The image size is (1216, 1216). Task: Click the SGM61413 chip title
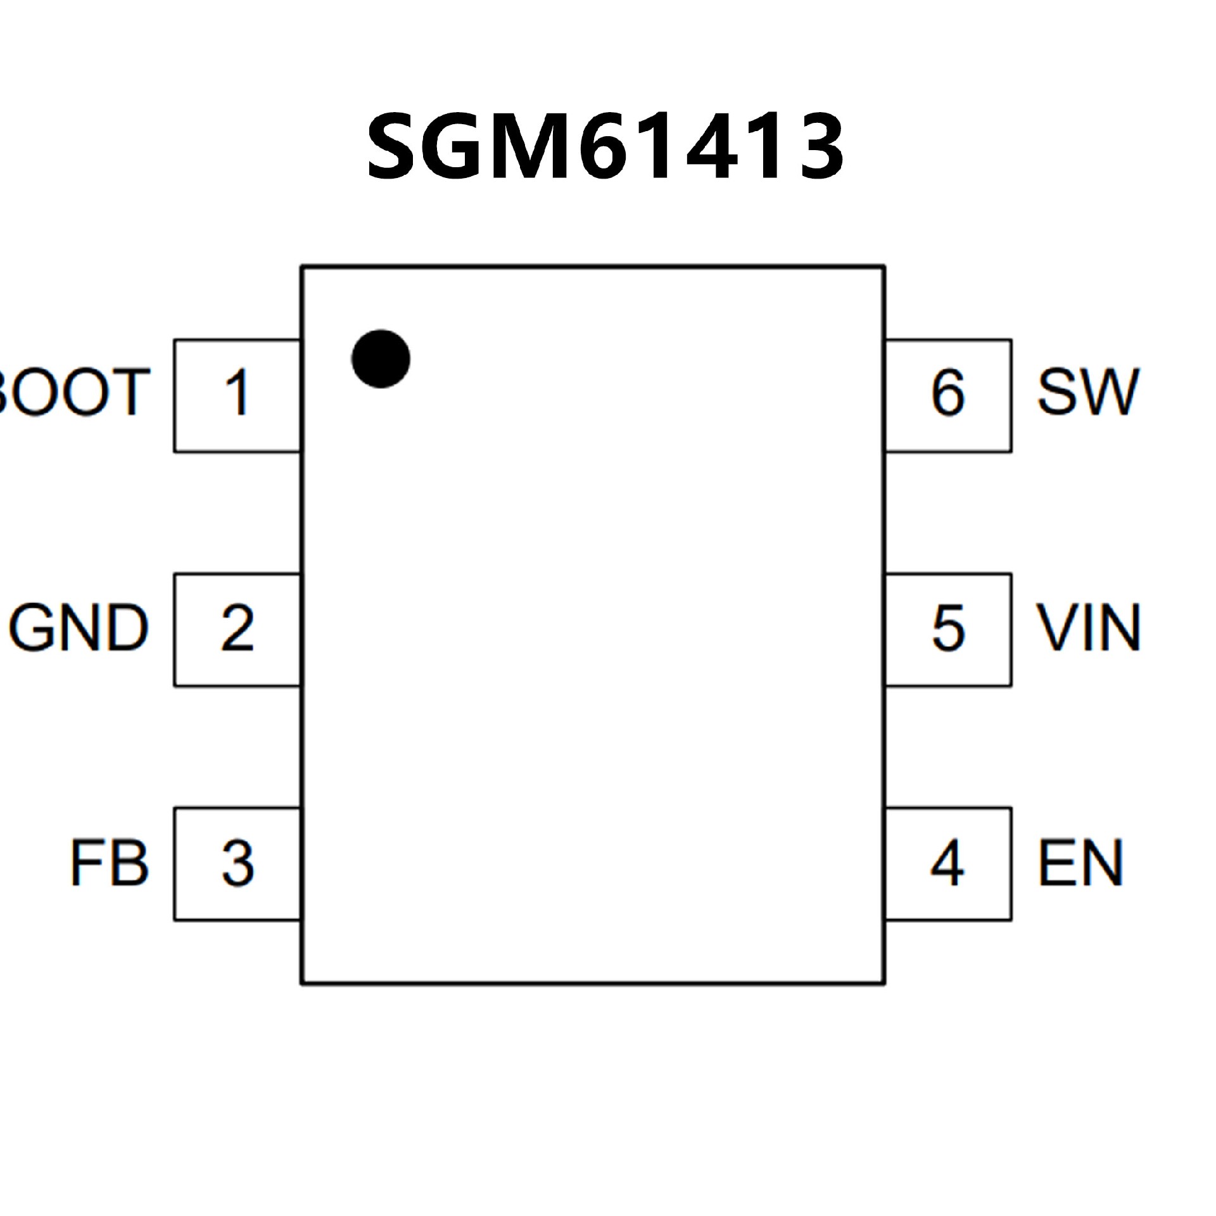click(605, 146)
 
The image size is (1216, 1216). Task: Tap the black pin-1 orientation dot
click(381, 358)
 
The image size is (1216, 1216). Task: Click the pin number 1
click(237, 393)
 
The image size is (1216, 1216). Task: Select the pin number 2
click(237, 628)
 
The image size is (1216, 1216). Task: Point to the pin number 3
click(237, 863)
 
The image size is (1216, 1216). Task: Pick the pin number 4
click(947, 863)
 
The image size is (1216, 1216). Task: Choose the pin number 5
click(948, 628)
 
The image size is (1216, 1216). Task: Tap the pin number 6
click(948, 393)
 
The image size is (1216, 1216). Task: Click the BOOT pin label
click(73, 393)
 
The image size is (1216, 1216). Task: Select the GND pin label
click(79, 628)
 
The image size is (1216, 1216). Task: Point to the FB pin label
click(109, 863)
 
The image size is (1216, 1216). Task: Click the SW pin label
click(1088, 393)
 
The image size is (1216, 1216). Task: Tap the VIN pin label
click(1088, 628)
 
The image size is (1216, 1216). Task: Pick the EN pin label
click(1080, 863)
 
